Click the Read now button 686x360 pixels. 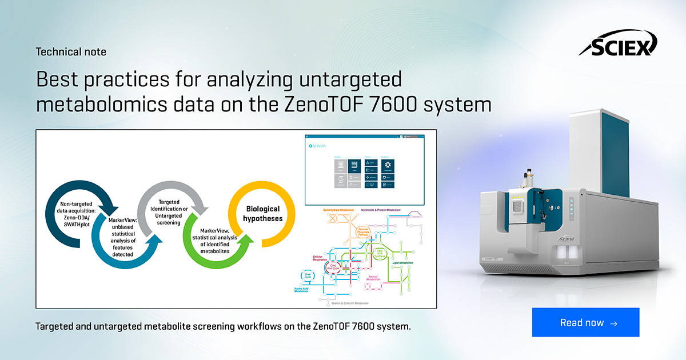[585, 323]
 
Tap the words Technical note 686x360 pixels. [71, 52]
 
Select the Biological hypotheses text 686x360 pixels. [264, 214]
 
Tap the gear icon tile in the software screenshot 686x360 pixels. [404, 164]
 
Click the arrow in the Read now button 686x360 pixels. [613, 323]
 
